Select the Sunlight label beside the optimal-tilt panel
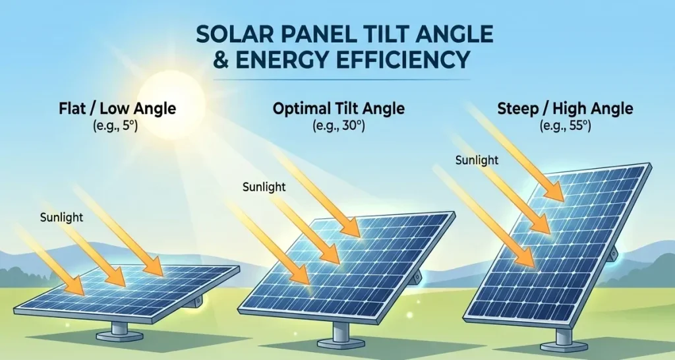(264, 187)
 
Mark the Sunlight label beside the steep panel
(476, 160)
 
